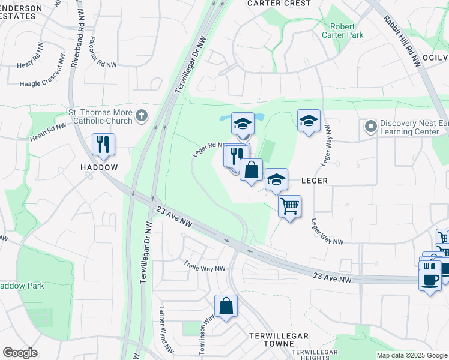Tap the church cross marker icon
tap(142, 115)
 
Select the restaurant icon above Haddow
tap(103, 145)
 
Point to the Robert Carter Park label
tap(346, 31)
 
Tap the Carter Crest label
tap(280, 4)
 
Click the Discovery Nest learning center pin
tap(370, 127)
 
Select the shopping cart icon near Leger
tap(290, 206)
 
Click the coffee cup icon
tap(429, 279)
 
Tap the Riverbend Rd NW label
tap(76, 33)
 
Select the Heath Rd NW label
tap(47, 132)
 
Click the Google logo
tap(20, 353)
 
